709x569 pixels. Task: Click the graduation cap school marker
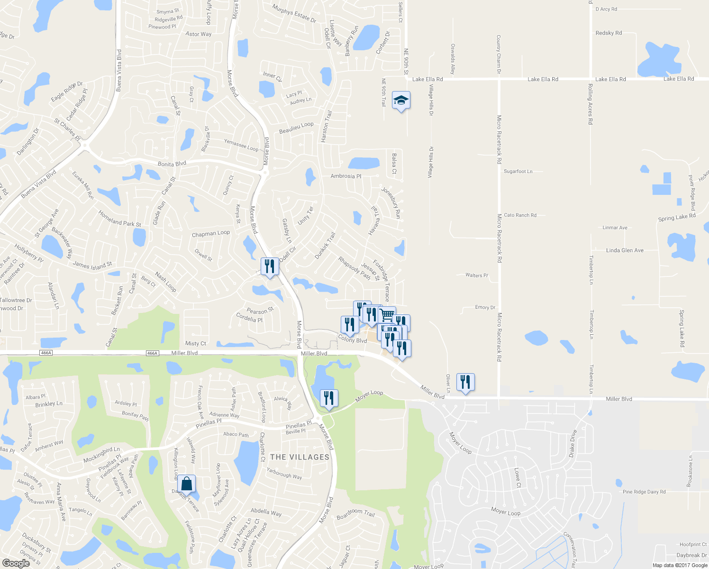(401, 101)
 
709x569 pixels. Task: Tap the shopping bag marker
(187, 484)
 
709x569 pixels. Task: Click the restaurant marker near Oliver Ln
(465, 382)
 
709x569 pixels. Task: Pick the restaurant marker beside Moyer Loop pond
(329, 398)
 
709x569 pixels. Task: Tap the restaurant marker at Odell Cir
(270, 266)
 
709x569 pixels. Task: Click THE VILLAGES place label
(300, 457)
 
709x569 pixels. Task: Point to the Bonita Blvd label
(172, 164)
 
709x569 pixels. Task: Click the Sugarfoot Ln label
(518, 171)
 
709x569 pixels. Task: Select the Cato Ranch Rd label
(520, 215)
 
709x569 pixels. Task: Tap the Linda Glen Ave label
(625, 250)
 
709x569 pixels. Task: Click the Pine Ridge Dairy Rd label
(644, 492)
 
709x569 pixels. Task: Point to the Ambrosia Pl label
(345, 176)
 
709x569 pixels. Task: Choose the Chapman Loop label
(211, 234)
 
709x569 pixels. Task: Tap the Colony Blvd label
(352, 340)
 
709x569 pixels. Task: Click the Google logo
(16, 563)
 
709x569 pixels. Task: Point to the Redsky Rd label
(609, 33)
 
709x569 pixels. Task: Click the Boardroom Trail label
(355, 513)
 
